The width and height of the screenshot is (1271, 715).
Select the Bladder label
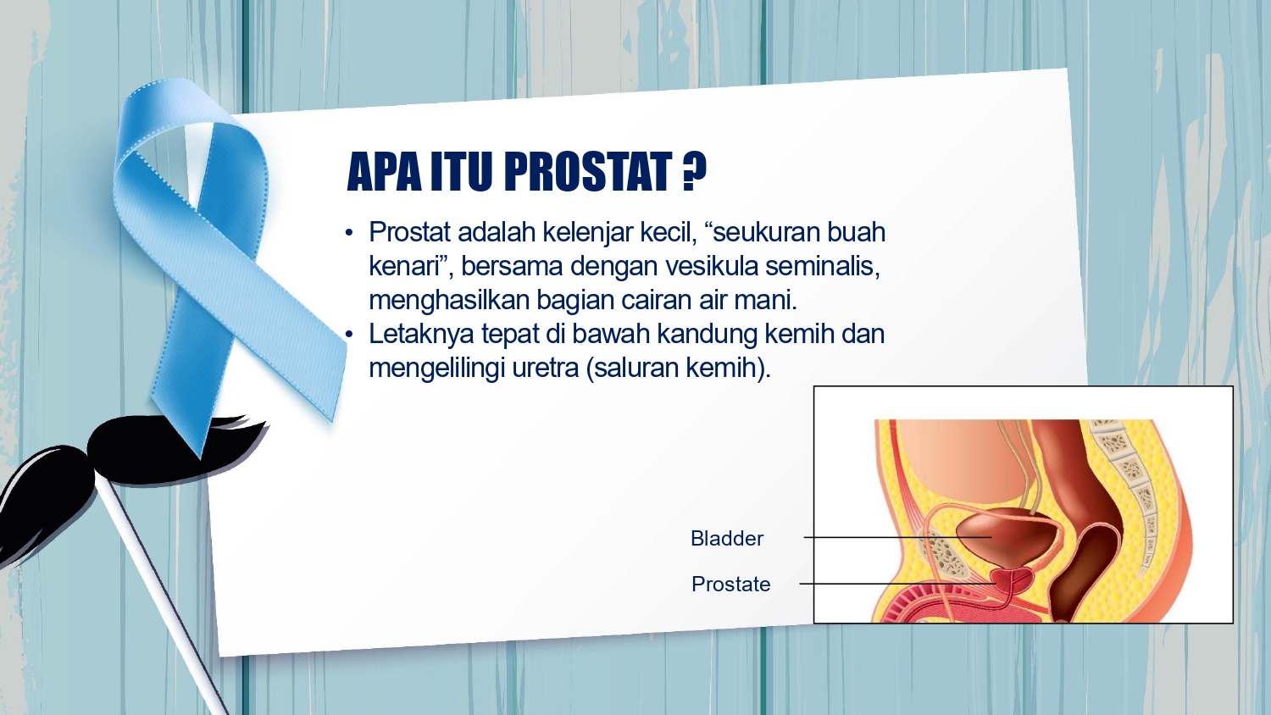coord(727,538)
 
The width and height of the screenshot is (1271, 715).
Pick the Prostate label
coord(730,584)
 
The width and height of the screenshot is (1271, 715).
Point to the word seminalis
coord(823,266)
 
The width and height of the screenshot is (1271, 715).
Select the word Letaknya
coord(421,335)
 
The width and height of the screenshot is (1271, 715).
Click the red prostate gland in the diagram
coord(1013,580)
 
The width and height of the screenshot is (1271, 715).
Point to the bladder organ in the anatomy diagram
coord(1002,535)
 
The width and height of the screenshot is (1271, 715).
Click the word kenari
coord(405,266)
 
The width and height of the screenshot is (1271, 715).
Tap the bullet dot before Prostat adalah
coord(349,233)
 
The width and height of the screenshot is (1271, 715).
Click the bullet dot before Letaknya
coord(349,335)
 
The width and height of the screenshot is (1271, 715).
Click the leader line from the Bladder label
coord(897,537)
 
